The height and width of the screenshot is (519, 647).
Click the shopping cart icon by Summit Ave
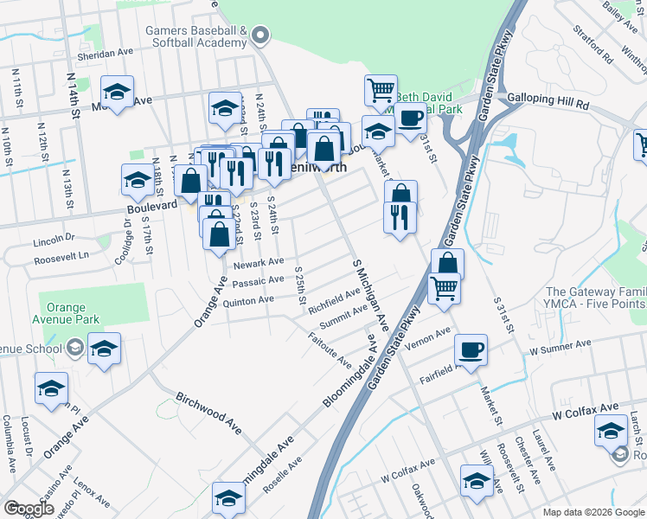coord(444,288)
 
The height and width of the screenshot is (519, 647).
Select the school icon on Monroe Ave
coord(117,91)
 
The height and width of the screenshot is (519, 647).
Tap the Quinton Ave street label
coord(248,300)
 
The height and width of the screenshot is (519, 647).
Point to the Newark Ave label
coord(258,261)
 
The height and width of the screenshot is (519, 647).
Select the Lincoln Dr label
coord(54,236)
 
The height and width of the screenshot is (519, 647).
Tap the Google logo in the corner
coord(29,509)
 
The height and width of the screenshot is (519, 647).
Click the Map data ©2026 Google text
coord(593,512)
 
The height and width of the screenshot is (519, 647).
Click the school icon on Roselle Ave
coord(229,498)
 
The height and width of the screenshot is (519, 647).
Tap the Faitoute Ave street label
coord(330,348)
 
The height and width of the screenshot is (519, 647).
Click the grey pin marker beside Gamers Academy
coord(261,35)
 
